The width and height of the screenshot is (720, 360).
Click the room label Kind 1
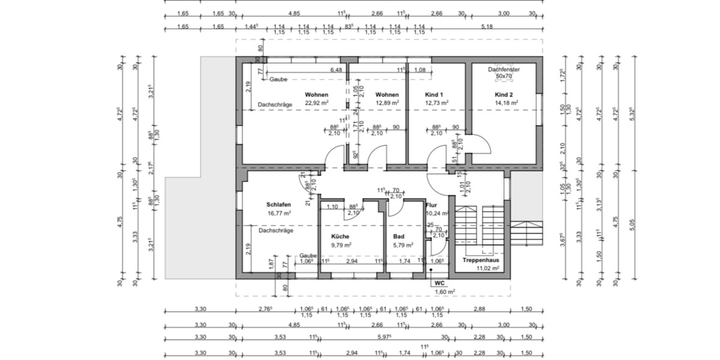coord(433,95)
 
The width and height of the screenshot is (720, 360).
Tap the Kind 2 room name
coord(503,95)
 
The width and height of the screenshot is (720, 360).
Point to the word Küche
coord(340,236)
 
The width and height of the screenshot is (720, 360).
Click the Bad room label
coord(399,236)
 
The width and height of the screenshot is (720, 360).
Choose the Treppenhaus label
coord(481,260)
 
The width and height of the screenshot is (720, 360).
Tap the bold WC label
coord(439,282)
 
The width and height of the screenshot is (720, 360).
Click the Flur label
coord(432,205)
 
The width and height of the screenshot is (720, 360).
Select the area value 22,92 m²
coord(316,103)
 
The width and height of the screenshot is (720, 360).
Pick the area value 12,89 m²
coord(387,103)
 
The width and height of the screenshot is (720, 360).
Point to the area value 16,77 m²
coord(279,212)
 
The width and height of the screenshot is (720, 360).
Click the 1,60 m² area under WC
coord(445,292)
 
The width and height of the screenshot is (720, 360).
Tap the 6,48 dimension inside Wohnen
coord(336,70)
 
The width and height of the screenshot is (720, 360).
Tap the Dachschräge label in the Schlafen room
coord(275,230)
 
